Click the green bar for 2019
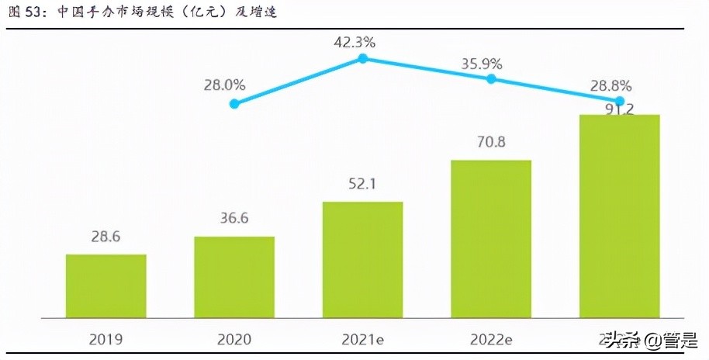click(x=105, y=286)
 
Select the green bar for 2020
click(x=234, y=277)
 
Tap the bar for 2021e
click(x=362, y=259)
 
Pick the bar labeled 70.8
click(x=491, y=239)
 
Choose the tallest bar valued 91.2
click(x=619, y=216)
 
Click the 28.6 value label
click(x=105, y=237)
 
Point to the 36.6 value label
click(x=234, y=220)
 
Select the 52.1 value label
click(x=362, y=185)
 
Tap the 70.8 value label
click(x=491, y=143)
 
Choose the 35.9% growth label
click(x=482, y=64)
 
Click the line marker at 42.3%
click(x=362, y=58)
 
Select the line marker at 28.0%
click(x=234, y=103)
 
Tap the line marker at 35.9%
click(x=491, y=78)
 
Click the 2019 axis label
click(x=105, y=338)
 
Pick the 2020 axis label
click(x=234, y=338)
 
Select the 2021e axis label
click(x=362, y=338)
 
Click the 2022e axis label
click(x=491, y=338)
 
